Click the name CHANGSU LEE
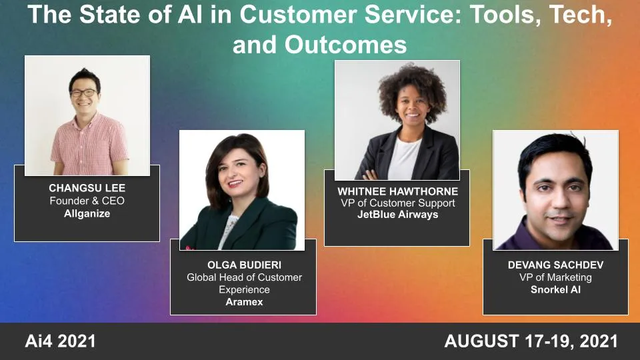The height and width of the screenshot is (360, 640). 87,188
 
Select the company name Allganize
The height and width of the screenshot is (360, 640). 87,213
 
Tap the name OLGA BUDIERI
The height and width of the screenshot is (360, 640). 244,265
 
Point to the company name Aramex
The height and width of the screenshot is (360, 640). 244,302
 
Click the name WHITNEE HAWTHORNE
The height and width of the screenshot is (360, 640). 398,191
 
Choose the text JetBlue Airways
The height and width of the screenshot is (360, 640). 398,215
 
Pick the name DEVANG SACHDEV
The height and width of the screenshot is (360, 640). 556,265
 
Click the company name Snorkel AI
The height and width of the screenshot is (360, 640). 556,289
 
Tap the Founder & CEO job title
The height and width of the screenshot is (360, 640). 87,201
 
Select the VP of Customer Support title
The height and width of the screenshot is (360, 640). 398,203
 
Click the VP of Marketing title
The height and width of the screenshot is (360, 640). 556,277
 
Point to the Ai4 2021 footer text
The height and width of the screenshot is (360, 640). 61,342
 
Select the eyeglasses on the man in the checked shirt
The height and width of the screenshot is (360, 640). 84,93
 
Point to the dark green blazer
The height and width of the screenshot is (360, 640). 267,227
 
